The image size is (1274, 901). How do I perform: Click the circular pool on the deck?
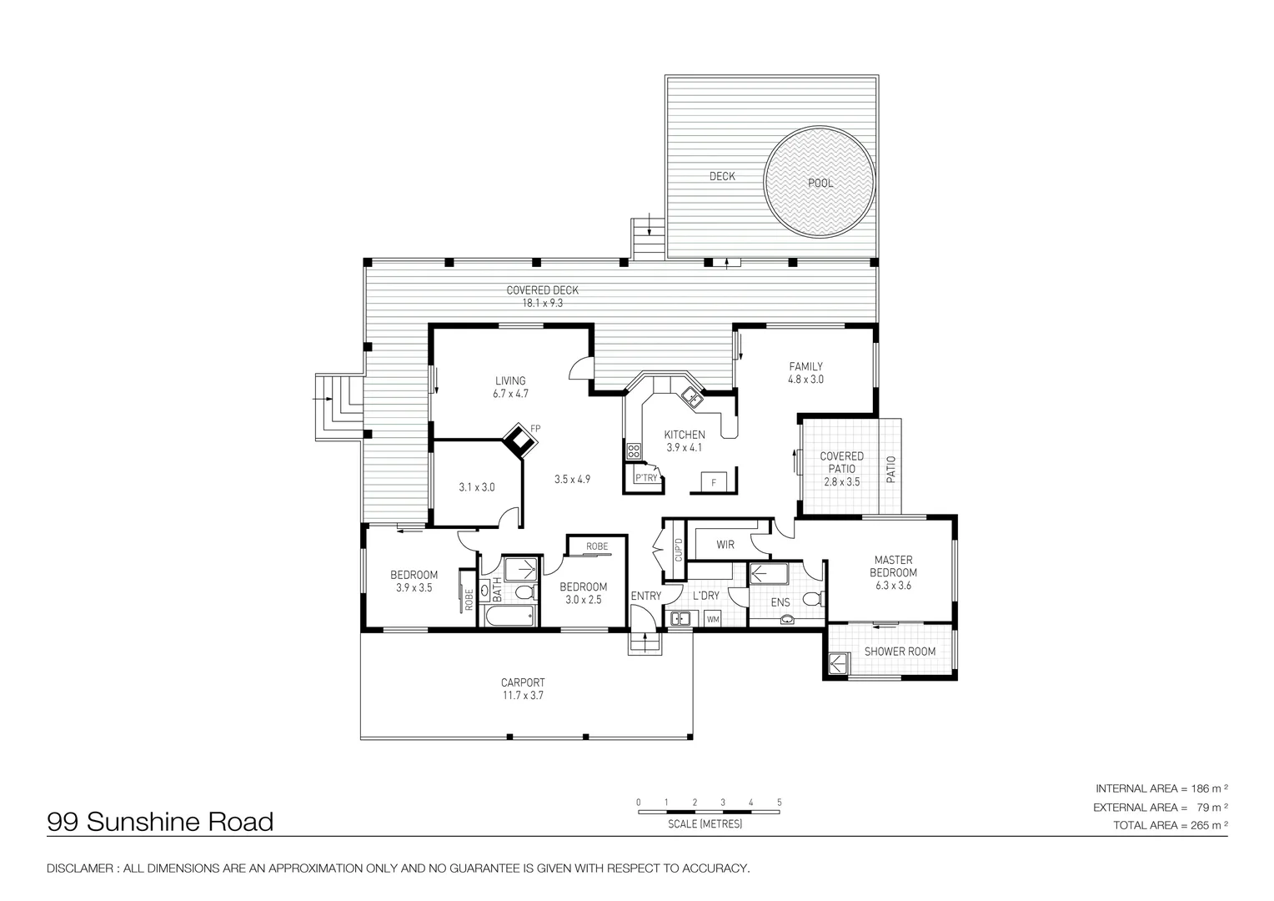click(x=819, y=182)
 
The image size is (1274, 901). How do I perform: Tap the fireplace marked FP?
click(x=519, y=440)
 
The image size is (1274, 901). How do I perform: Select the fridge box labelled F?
click(x=713, y=481)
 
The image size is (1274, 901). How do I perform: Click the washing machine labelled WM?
click(x=713, y=619)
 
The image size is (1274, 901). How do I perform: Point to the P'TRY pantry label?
click(x=646, y=477)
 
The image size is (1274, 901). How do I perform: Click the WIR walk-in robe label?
click(x=725, y=545)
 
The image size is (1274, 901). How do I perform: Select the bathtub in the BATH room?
click(x=509, y=616)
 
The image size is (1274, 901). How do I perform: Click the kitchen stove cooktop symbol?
click(x=634, y=451)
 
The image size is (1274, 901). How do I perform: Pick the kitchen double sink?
click(x=692, y=396)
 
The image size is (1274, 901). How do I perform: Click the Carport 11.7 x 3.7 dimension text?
click(x=523, y=695)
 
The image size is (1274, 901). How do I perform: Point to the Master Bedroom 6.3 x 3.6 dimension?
click(x=893, y=585)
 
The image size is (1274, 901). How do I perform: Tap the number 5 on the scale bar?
click(x=780, y=803)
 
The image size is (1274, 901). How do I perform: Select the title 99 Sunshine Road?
click(x=160, y=822)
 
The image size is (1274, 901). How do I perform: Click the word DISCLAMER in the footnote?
click(x=80, y=868)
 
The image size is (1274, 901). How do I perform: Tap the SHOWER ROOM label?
click(x=900, y=651)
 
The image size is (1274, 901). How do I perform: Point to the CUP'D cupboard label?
click(x=678, y=550)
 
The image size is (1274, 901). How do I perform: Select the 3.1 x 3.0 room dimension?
click(x=477, y=487)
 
